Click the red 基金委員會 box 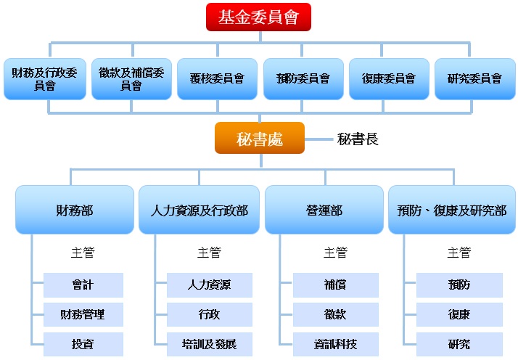pyautogui.click(x=258, y=17)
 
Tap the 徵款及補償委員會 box pyautogui.click(x=131, y=78)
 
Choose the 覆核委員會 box pyautogui.click(x=217, y=78)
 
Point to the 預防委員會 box pyautogui.click(x=303, y=78)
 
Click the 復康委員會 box pyautogui.click(x=388, y=78)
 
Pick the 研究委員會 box pyautogui.click(x=474, y=78)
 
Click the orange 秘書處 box pyautogui.click(x=259, y=139)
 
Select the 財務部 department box pyautogui.click(x=74, y=210)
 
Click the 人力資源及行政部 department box pyautogui.click(x=199, y=210)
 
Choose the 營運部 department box pyautogui.click(x=324, y=210)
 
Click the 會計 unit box pyautogui.click(x=83, y=285)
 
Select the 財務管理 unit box pyautogui.click(x=83, y=314)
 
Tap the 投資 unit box pyautogui.click(x=83, y=344)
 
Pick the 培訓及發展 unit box pyautogui.click(x=209, y=344)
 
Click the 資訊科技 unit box pyautogui.click(x=335, y=344)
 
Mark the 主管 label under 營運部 pyautogui.click(x=335, y=253)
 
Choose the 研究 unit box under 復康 pyautogui.click(x=459, y=344)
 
